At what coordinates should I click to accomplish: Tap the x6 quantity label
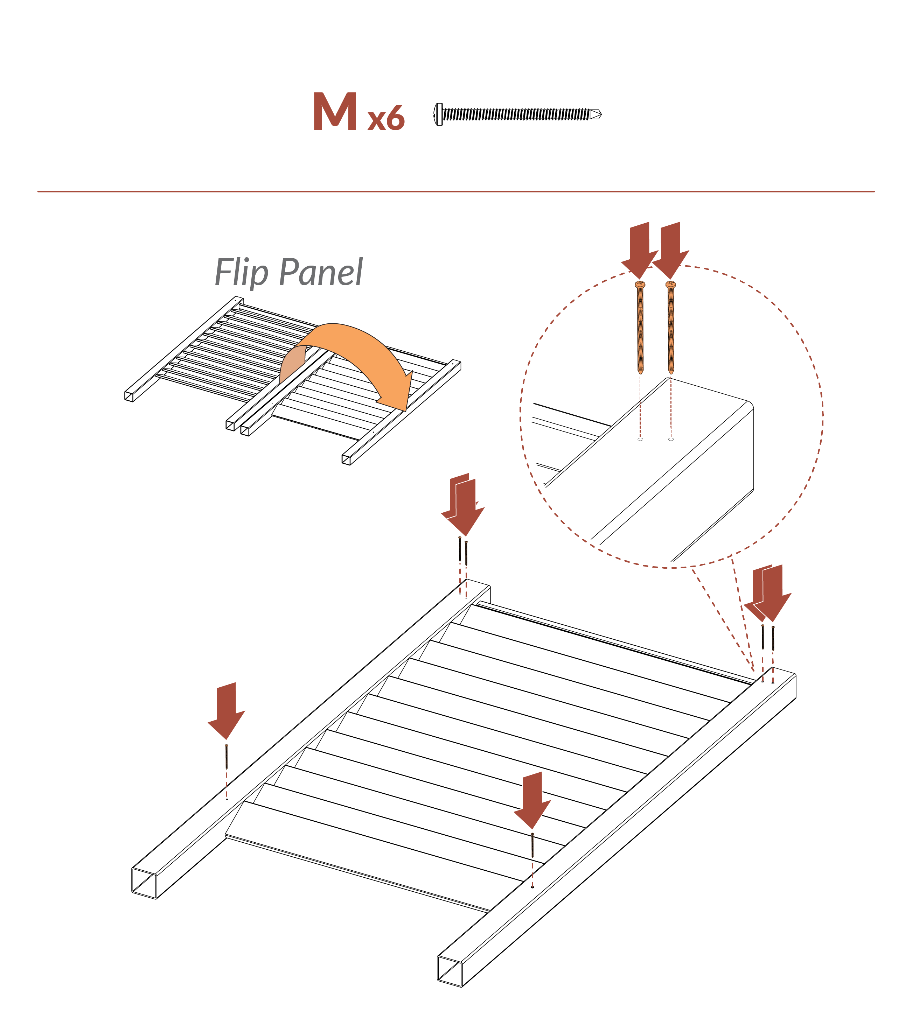tap(386, 119)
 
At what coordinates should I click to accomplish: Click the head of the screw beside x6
tap(438, 114)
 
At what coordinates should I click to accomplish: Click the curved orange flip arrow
tap(354, 353)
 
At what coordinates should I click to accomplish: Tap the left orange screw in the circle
tap(640, 328)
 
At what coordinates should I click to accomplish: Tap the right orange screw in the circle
tap(671, 328)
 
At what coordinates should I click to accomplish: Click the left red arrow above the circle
tap(639, 250)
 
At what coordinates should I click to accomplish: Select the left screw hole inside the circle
tap(640, 439)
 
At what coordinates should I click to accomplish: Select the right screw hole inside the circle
tap(671, 439)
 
